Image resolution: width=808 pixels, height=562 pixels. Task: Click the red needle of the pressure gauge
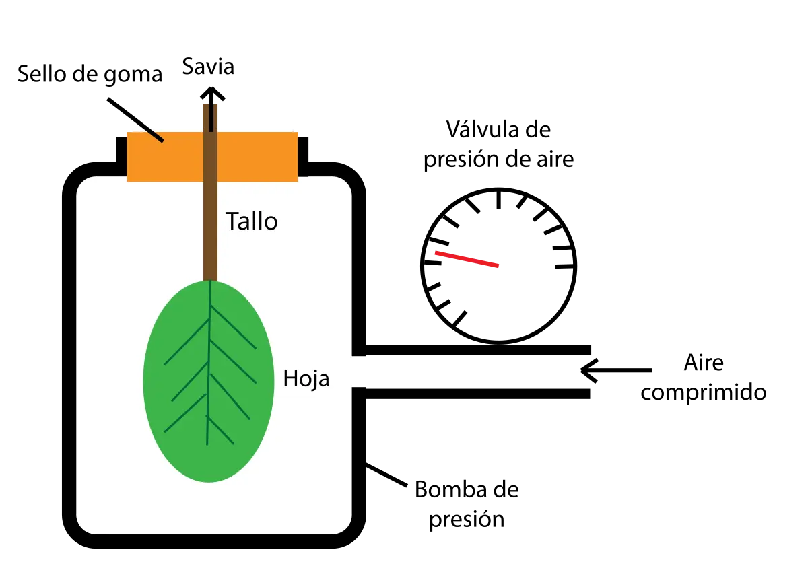[467, 259]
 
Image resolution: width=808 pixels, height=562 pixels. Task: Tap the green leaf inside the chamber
[209, 382]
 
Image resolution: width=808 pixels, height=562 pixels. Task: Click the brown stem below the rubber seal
[210, 231]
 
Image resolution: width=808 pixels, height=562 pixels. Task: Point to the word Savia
[208, 67]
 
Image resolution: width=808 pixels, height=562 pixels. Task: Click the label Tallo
[251, 221]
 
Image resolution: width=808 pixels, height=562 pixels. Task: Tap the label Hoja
[306, 379]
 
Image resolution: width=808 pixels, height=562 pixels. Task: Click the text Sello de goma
[90, 74]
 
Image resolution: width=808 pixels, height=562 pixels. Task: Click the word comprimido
[704, 393]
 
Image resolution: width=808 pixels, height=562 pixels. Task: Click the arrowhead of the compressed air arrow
[588, 370]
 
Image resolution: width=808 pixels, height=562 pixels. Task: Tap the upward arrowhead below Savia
[213, 93]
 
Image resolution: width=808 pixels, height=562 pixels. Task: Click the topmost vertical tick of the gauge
[499, 199]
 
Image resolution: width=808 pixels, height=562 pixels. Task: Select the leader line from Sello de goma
[135, 120]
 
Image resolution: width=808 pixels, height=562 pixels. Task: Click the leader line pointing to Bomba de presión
[386, 476]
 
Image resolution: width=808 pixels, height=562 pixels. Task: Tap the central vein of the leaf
[209, 363]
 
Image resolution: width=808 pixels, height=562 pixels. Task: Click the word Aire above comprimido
[704, 363]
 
